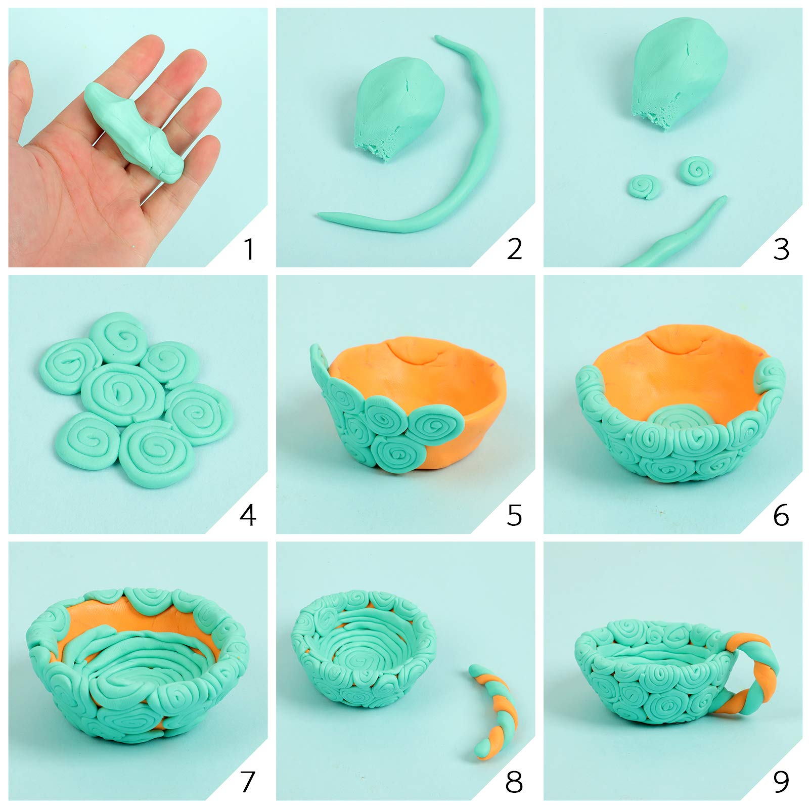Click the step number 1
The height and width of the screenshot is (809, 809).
(248, 249)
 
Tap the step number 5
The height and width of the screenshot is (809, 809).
(514, 516)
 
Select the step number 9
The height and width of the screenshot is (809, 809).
(781, 782)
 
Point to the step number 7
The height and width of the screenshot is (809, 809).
(246, 782)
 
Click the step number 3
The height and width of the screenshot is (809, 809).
(781, 249)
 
